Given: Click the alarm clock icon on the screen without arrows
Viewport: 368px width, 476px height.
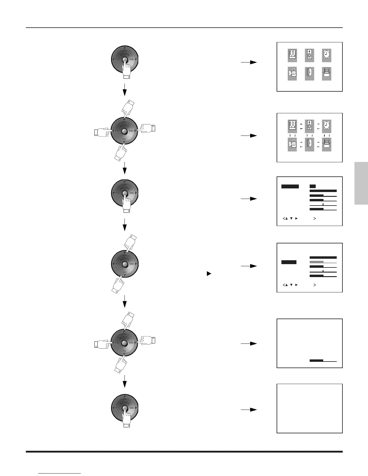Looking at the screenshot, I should coord(327,56).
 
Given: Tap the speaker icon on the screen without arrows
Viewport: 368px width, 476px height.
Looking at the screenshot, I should coord(309,56).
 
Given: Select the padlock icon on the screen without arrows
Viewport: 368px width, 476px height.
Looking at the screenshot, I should coord(292,74).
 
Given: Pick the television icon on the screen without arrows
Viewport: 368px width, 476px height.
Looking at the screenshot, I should coord(327,74).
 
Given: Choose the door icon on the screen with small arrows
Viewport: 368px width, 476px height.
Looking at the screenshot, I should coord(309,144).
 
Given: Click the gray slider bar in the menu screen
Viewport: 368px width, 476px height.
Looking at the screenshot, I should coord(323,262).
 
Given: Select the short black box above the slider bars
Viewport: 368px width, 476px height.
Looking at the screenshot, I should coord(313,186).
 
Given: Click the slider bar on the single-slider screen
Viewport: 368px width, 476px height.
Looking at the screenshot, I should coord(323,361).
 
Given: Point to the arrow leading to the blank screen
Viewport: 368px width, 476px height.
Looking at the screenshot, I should coord(249,410).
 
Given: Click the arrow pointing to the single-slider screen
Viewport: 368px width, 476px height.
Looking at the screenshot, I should coord(249,343).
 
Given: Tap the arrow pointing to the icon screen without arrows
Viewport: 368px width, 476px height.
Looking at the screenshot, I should coord(249,62).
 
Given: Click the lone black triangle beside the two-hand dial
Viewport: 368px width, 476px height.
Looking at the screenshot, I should coord(209,274).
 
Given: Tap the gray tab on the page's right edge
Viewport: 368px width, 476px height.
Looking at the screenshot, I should coord(361,183).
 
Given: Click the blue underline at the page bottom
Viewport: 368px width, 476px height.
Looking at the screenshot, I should coord(60,474).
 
